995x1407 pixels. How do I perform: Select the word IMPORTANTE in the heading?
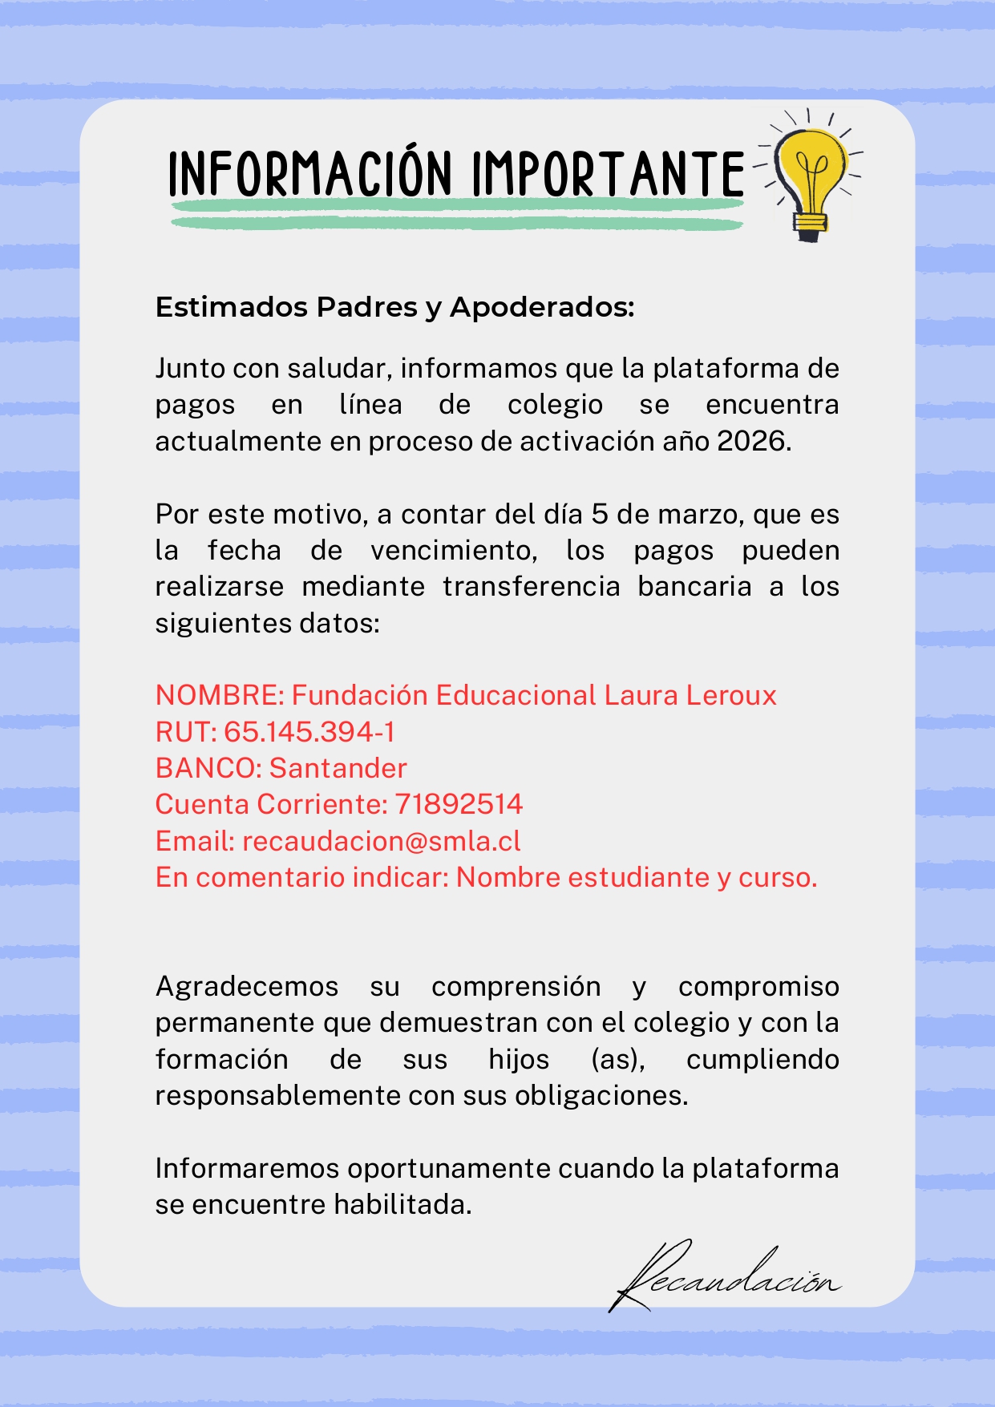click(608, 174)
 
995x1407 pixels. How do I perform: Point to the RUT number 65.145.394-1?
click(309, 732)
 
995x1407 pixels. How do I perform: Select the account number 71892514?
click(459, 804)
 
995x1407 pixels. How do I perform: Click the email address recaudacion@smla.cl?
click(382, 841)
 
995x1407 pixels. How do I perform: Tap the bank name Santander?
click(338, 768)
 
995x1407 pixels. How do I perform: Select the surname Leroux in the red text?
click(730, 695)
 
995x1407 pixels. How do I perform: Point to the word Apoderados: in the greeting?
click(542, 307)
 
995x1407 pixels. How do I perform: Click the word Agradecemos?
click(247, 986)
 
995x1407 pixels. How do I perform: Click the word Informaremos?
click(247, 1168)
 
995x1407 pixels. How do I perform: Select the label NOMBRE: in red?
click(220, 695)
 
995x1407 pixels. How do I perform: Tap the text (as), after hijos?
click(617, 1059)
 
